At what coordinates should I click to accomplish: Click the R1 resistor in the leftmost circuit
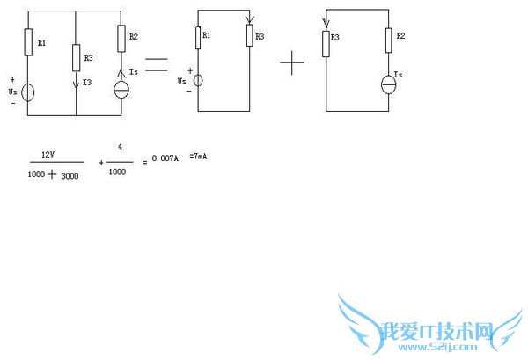28,40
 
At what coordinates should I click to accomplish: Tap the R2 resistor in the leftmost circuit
121,39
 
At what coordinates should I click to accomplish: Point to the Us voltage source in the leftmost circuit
28,92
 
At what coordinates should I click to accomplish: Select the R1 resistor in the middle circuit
197,37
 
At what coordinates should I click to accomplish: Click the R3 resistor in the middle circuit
251,36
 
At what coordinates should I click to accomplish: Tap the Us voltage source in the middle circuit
197,80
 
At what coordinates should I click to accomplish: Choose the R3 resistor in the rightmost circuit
326,40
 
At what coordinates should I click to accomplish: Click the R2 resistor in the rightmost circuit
387,40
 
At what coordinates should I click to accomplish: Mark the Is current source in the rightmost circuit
387,84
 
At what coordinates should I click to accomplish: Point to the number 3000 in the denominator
68,175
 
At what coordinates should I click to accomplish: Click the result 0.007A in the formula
165,158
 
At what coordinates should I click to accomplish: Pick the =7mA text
199,156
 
